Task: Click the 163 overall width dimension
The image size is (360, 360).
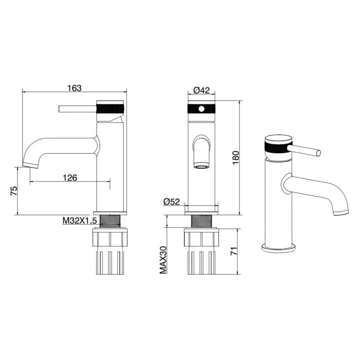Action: tap(75, 88)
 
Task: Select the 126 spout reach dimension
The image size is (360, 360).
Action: tap(70, 177)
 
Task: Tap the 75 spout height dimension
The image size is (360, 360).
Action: tap(14, 191)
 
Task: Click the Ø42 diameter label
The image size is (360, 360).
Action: tap(202, 90)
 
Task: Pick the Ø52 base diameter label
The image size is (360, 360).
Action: tap(171, 202)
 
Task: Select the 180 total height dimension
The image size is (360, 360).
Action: tap(236, 158)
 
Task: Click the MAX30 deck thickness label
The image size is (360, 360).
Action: tap(163, 260)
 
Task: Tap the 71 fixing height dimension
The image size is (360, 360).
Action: tap(234, 251)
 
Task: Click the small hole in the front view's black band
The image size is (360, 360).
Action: tap(201, 109)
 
